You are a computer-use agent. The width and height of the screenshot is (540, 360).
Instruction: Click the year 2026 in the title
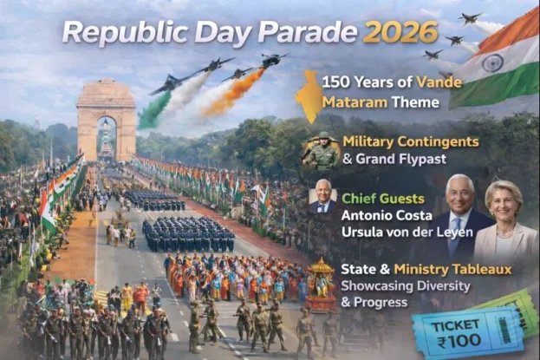coord(400,32)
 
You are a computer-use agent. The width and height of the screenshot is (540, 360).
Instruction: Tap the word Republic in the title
coord(112,32)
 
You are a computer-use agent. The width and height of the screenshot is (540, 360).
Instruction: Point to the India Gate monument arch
coord(106,121)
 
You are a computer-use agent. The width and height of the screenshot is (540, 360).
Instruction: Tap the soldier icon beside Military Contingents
coord(321,150)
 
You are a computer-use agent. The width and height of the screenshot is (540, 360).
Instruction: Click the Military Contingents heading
coord(410,141)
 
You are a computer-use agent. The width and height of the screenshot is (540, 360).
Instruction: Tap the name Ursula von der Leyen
coord(399,232)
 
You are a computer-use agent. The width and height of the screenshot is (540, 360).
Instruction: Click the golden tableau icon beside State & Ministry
coord(322,283)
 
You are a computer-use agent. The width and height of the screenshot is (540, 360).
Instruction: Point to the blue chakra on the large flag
coord(492,62)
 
